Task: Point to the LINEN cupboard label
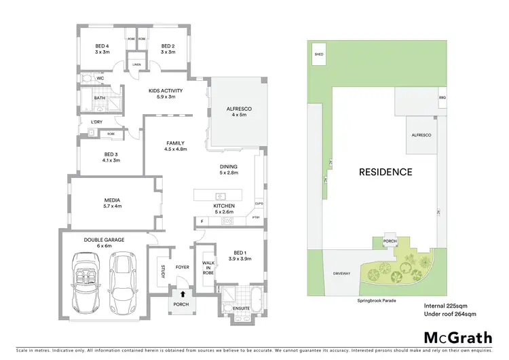coord(136,65)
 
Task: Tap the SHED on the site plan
coord(318,53)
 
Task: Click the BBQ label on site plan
coord(442,97)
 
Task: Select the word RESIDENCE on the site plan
coord(385,172)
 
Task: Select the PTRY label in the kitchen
coord(255,217)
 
